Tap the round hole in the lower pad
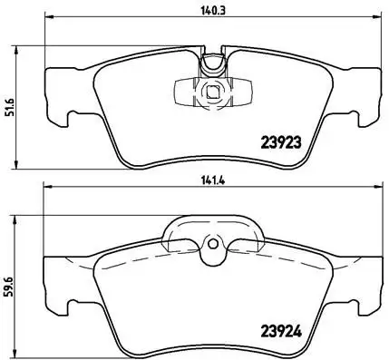[214, 243]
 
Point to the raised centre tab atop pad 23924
[214, 230]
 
